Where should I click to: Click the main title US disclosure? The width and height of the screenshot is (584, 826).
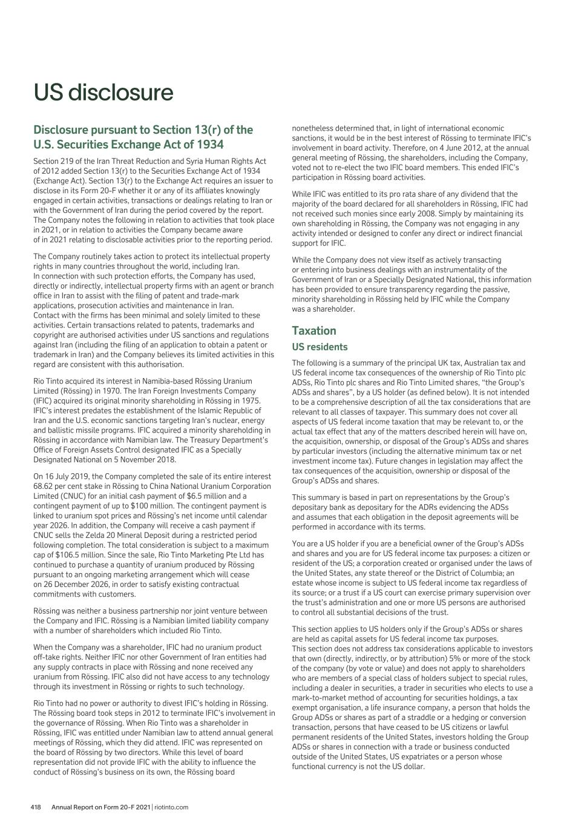103,93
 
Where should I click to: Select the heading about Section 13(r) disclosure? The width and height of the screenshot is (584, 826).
143,137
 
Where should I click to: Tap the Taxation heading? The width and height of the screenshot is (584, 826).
313,330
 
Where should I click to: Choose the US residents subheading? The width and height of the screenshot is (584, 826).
320,347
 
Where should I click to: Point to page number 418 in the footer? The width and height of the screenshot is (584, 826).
36,807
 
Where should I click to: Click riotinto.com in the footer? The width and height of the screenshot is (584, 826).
171,807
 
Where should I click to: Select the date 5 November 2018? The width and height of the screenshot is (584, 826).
134,460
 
